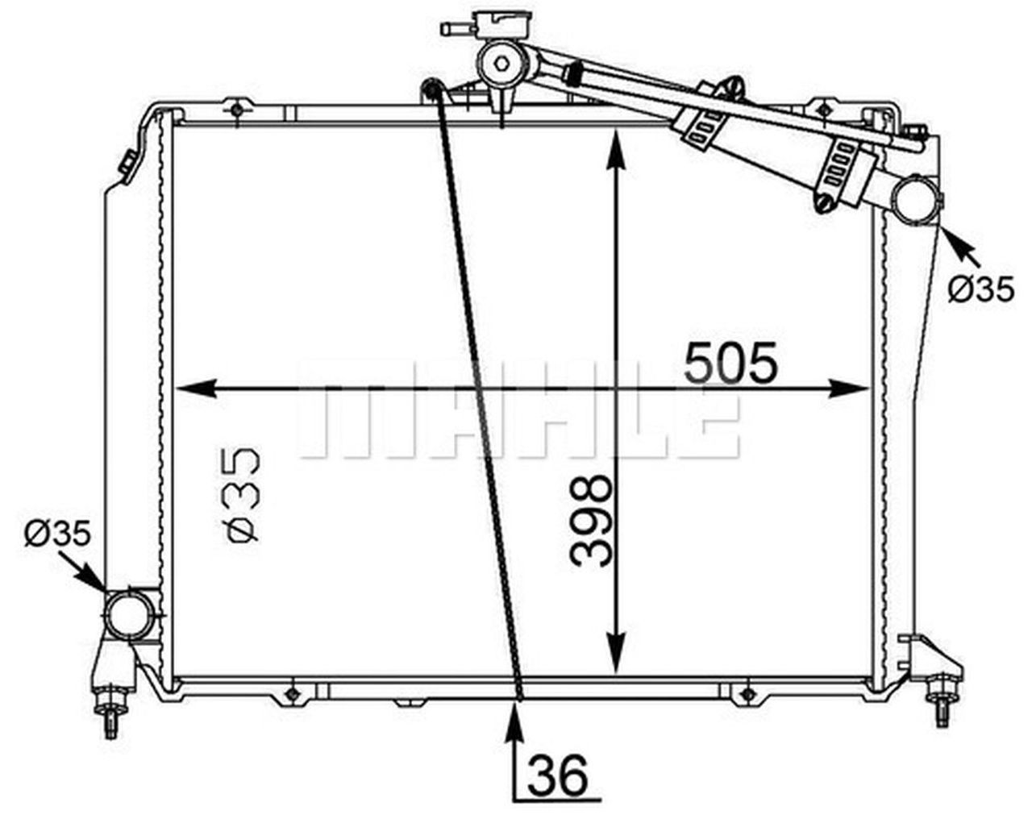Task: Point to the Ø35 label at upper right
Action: [980, 289]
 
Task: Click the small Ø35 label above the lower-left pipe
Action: [57, 533]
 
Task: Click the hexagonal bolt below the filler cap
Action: [501, 64]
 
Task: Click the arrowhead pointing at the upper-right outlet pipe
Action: [951, 240]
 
